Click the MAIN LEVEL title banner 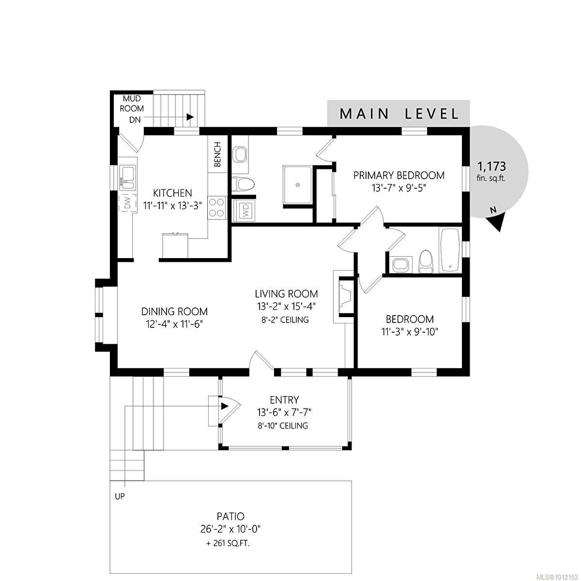(398, 113)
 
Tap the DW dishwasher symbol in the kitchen (127, 202)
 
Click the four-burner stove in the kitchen (217, 207)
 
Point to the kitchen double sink (127, 178)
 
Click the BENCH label (217, 154)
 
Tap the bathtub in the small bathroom (450, 250)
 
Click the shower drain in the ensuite (298, 185)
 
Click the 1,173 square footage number (491, 166)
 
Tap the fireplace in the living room (345, 296)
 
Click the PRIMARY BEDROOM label (399, 175)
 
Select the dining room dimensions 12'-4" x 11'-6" (174, 324)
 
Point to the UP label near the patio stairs (120, 496)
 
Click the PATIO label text (230, 517)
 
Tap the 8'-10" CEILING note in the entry (283, 426)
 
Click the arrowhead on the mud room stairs (190, 117)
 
